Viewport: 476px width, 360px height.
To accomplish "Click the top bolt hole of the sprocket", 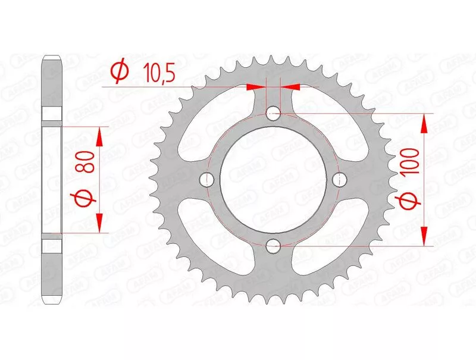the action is point(273,114).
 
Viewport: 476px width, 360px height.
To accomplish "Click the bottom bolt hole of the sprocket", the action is point(273,246).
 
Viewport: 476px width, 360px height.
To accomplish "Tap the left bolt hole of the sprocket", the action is point(207,179).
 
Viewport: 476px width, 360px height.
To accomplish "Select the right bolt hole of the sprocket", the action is point(339,180).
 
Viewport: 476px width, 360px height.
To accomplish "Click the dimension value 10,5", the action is point(159,73).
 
